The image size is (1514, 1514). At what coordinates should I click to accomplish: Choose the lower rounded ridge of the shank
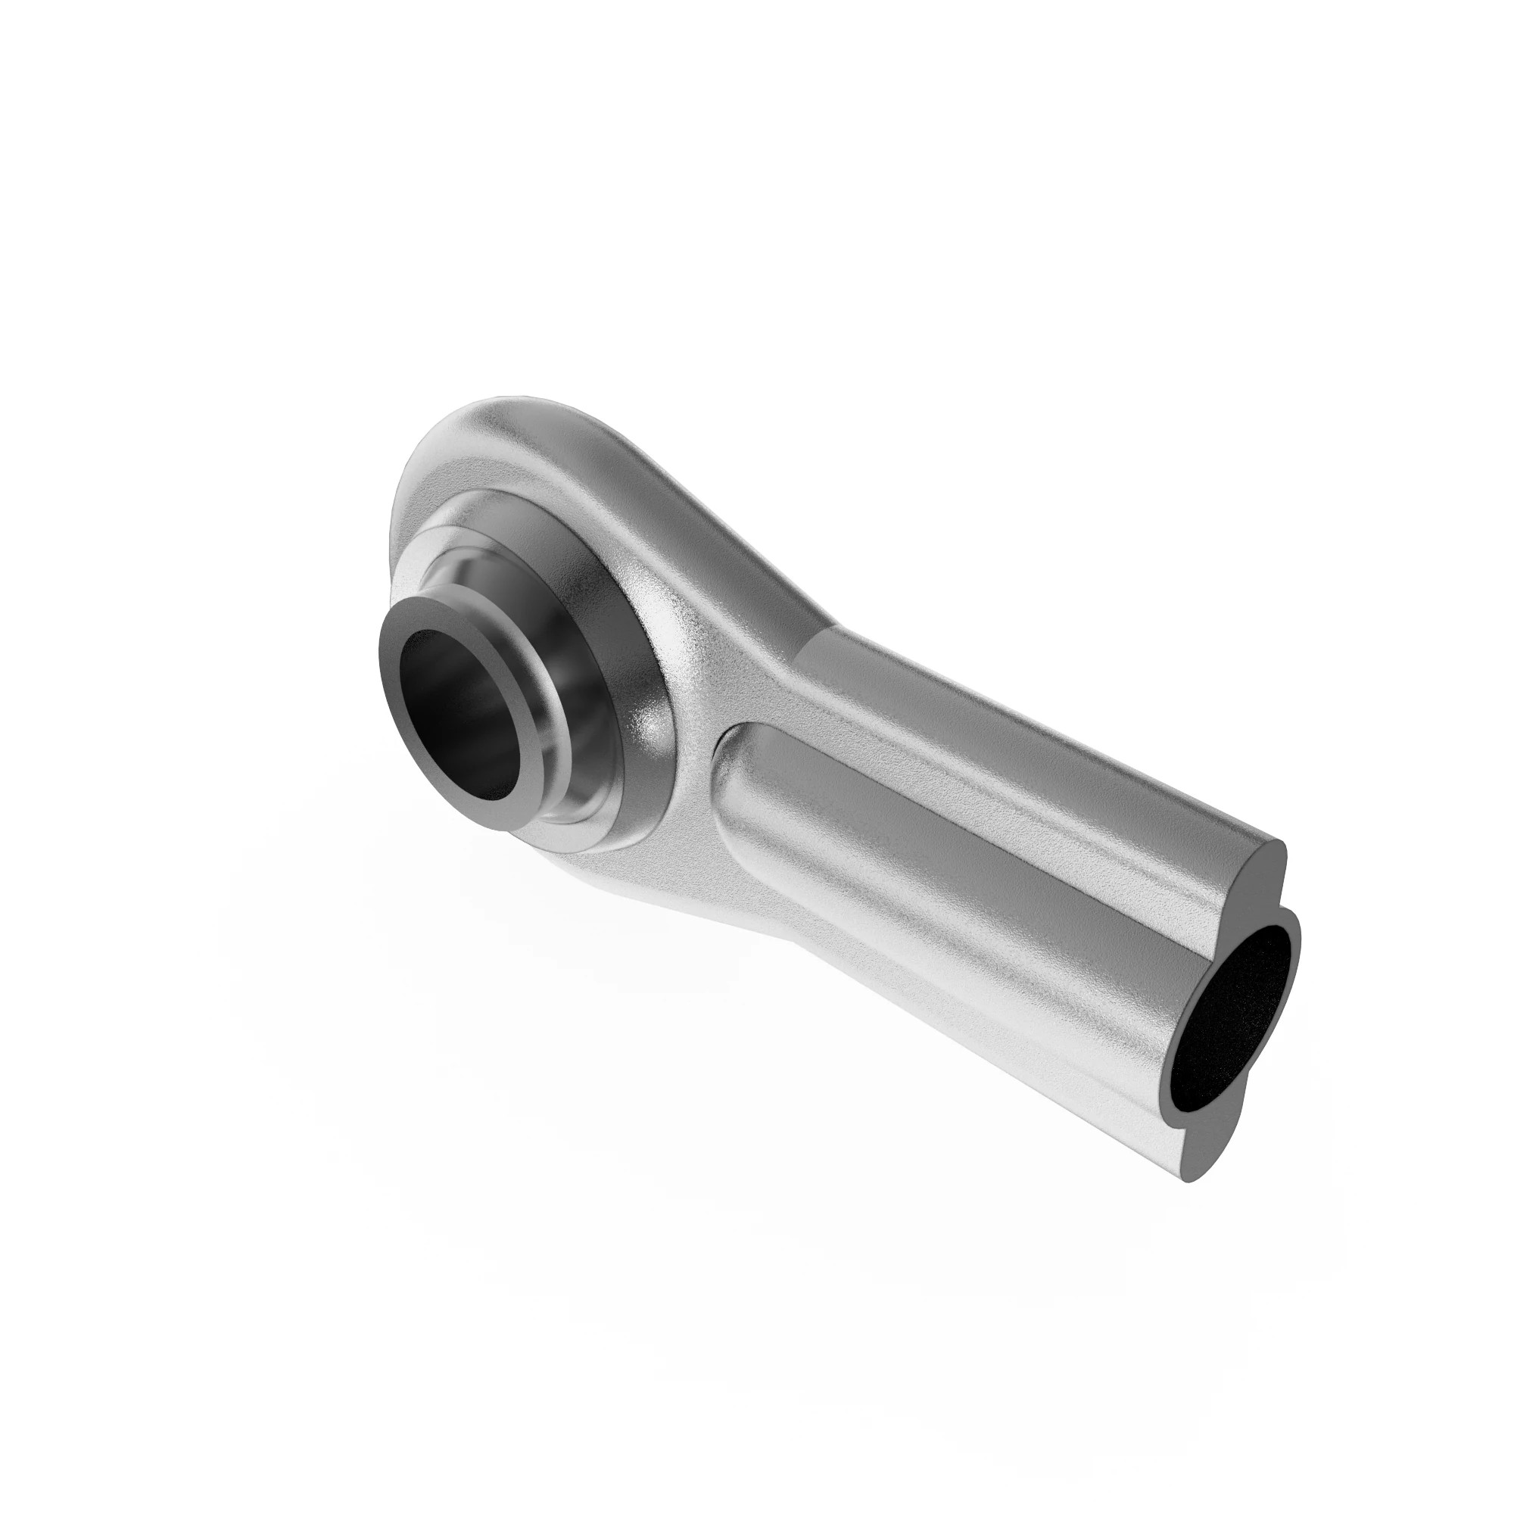[980, 1019]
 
